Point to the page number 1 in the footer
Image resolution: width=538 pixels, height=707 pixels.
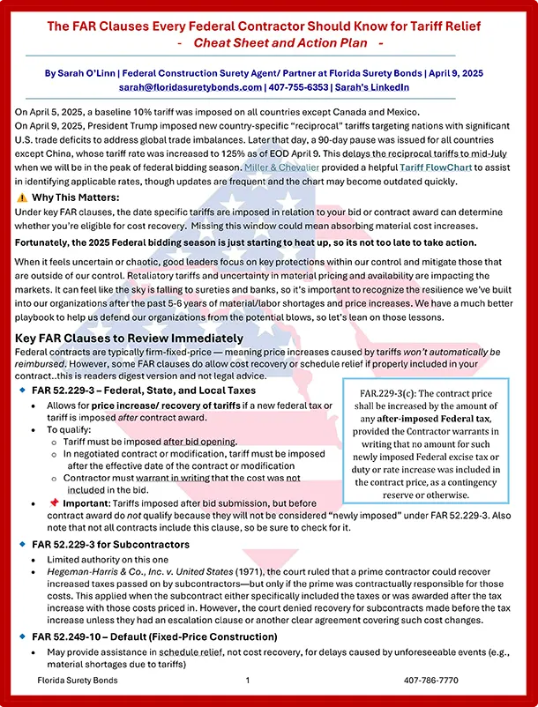tap(249, 681)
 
